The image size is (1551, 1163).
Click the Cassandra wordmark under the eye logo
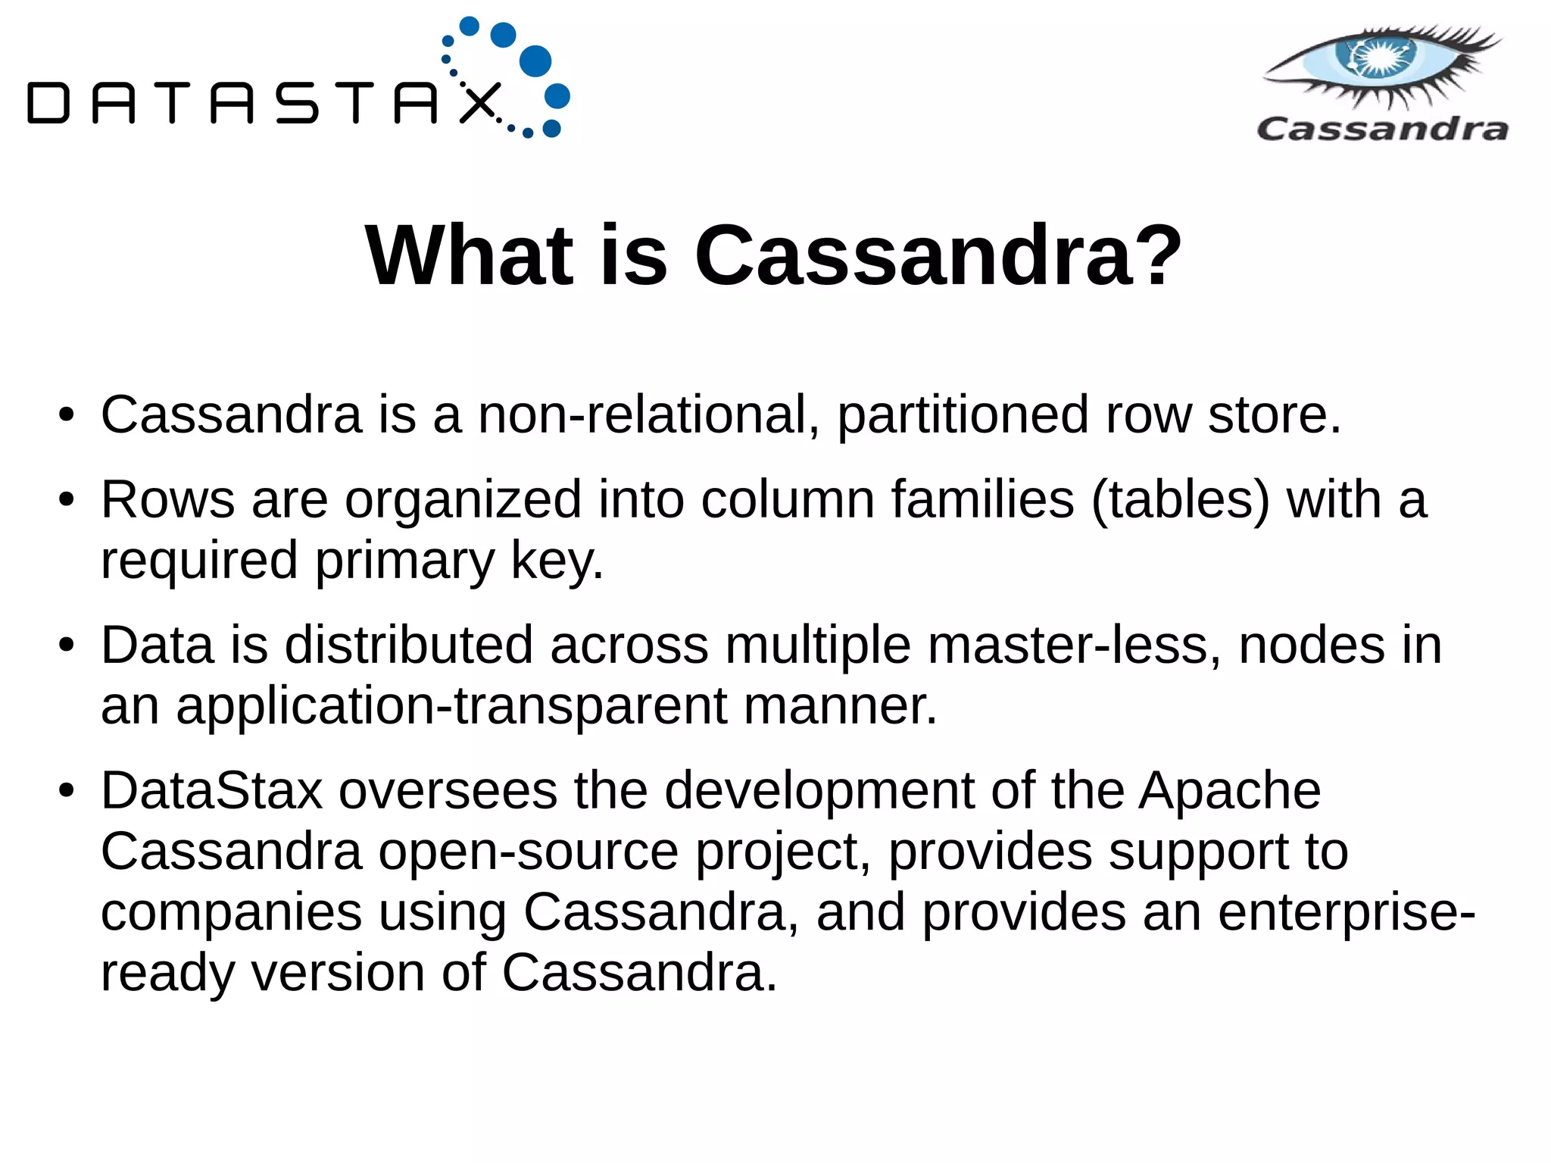click(x=1382, y=129)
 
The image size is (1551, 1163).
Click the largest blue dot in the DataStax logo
click(x=535, y=61)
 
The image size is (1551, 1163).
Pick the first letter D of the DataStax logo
click(x=48, y=104)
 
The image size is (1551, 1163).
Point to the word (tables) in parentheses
click(x=1180, y=500)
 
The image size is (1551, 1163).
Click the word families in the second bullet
click(x=982, y=500)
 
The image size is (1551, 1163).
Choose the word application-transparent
click(x=451, y=706)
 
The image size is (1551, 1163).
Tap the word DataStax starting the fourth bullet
click(x=212, y=791)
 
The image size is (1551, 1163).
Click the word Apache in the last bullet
click(x=1230, y=791)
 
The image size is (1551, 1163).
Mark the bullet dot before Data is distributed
click(x=67, y=646)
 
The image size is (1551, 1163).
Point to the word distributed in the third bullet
click(x=409, y=646)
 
